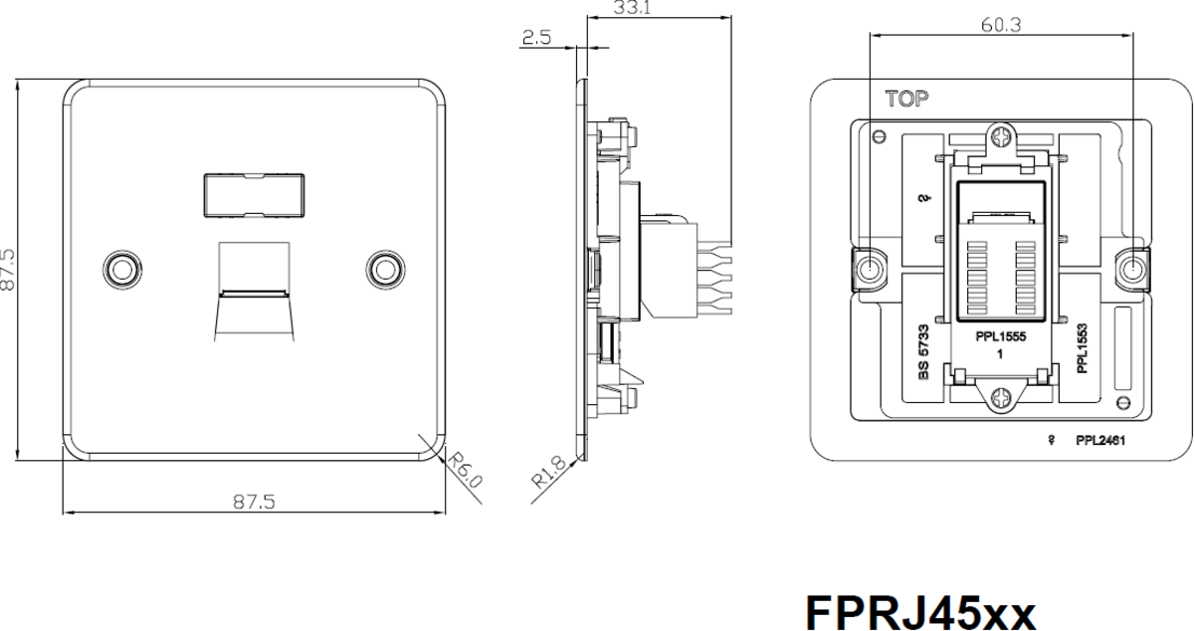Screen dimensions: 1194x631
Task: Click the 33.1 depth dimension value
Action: point(632,8)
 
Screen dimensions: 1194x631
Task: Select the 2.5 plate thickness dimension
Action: point(536,38)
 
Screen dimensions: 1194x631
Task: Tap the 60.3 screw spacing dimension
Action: point(1001,25)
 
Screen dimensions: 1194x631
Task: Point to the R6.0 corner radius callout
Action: point(465,470)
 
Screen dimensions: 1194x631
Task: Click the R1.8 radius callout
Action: point(549,473)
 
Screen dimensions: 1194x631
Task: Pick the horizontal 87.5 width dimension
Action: point(254,502)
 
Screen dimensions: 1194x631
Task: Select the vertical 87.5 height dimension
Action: point(8,270)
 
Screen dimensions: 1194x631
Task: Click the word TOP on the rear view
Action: point(906,99)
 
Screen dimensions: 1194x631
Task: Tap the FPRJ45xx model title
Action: point(920,613)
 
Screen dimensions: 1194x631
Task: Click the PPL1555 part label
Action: point(1001,336)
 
